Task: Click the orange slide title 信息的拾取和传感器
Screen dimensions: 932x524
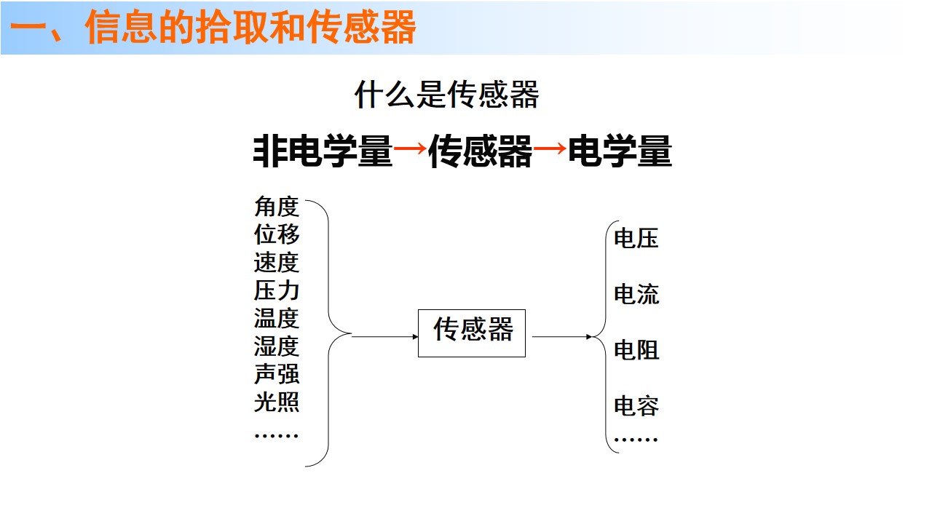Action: click(250, 27)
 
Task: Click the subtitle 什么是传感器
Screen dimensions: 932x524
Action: click(446, 95)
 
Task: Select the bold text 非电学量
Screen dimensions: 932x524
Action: click(323, 151)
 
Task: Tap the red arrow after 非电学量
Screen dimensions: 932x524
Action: click(410, 148)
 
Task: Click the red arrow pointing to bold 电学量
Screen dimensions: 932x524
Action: click(550, 148)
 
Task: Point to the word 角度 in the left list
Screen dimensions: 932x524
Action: click(277, 206)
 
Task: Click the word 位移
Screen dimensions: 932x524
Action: click(277, 234)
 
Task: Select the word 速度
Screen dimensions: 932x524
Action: click(277, 263)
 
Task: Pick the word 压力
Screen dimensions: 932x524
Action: click(277, 290)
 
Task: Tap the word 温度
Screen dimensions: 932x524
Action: click(277, 318)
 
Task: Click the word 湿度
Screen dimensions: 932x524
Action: click(277, 346)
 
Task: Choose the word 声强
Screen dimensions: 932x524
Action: click(277, 374)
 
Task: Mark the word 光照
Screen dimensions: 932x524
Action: click(277, 402)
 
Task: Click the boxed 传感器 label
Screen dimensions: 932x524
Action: click(473, 330)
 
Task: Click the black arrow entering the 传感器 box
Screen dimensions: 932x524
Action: click(385, 336)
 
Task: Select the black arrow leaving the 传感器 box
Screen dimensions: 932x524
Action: click(562, 336)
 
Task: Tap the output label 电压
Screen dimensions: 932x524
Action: click(636, 238)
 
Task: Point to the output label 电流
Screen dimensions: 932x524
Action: click(636, 294)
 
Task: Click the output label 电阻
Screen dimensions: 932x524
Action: click(636, 350)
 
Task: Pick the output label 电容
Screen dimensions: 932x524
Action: click(636, 405)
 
